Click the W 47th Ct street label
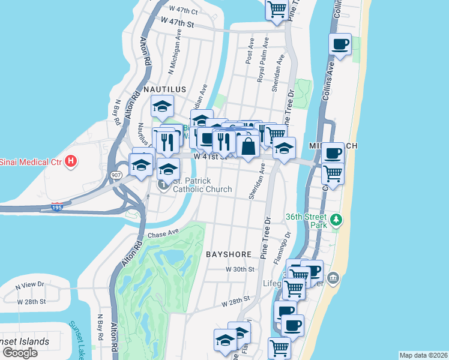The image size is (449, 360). tap(184, 10)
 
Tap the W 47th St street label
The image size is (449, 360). tap(178, 22)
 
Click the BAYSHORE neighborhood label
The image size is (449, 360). tap(228, 254)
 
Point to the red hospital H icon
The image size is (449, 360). tap(71, 161)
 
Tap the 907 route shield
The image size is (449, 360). tap(116, 175)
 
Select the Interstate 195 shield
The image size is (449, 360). tap(56, 206)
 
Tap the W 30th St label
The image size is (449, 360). tap(241, 269)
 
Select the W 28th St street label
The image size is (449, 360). tap(235, 302)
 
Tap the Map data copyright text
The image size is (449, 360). tap(423, 355)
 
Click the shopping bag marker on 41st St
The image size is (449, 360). tap(247, 146)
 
